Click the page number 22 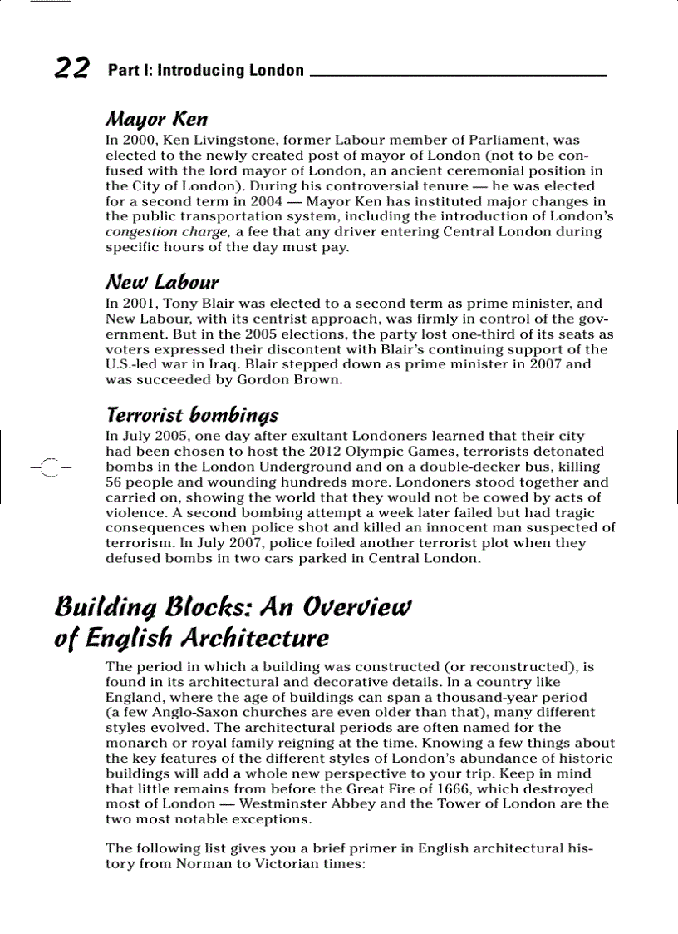[x=71, y=68]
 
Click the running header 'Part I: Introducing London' [x=206, y=71]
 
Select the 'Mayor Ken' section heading [x=156, y=119]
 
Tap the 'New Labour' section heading [x=162, y=283]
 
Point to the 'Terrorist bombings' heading [x=192, y=414]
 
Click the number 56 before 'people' [x=115, y=482]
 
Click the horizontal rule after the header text [x=457, y=76]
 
